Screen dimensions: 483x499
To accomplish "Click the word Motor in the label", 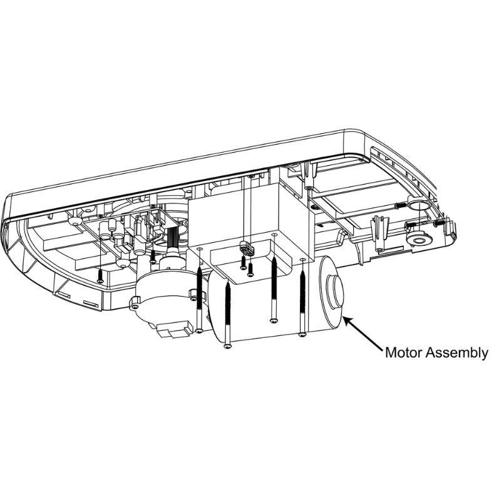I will [403, 353].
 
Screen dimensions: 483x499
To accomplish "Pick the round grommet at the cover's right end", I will [418, 240].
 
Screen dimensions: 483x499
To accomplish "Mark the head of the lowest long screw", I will [227, 345].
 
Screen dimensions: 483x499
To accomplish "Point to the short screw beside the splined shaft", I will [153, 257].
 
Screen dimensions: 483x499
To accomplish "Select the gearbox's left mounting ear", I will [135, 305].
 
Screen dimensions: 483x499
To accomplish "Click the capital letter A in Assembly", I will [430, 353].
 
